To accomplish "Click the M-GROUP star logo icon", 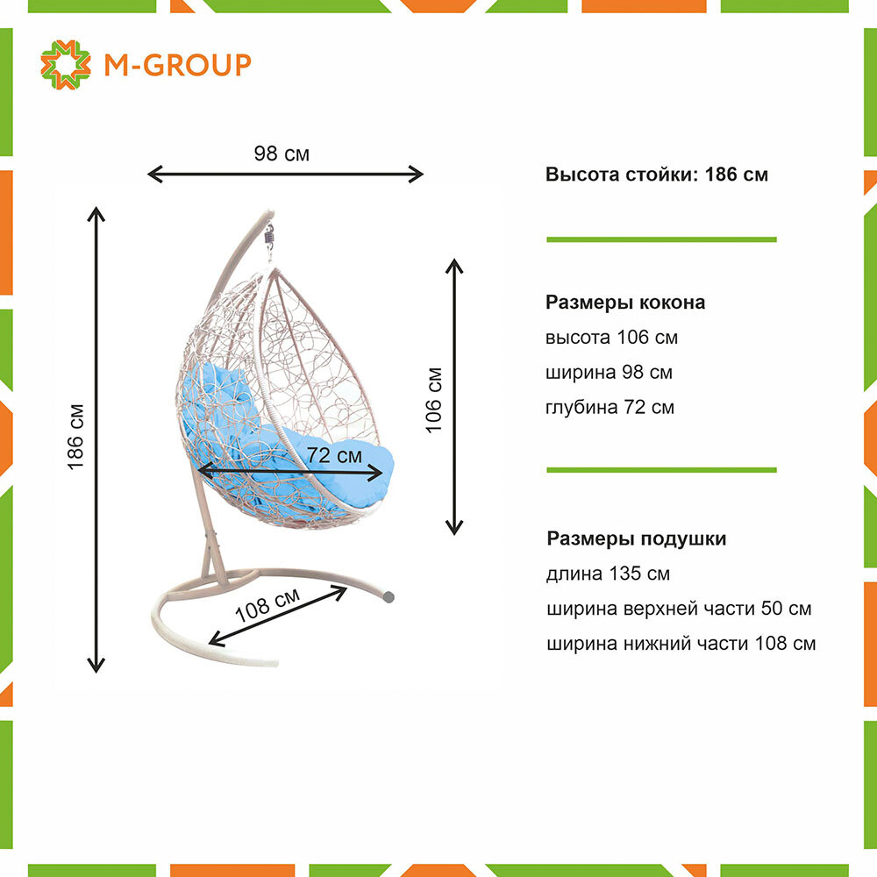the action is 65,64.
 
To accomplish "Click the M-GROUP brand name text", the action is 177,64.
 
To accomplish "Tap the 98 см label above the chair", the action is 282,153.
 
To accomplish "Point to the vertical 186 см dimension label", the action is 76,436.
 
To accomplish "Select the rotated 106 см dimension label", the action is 433,399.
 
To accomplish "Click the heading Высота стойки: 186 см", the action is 656,174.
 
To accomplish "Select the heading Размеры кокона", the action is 625,303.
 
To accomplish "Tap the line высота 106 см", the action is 611,338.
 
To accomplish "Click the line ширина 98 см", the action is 609,372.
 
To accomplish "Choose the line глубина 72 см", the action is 610,407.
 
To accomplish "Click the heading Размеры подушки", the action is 636,538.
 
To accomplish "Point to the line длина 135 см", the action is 608,574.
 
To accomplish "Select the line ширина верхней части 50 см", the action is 678,609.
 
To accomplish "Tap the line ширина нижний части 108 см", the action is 681,644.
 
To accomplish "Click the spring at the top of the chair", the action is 270,235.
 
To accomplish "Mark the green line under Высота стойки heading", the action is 661,239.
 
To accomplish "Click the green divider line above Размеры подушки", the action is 661,470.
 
